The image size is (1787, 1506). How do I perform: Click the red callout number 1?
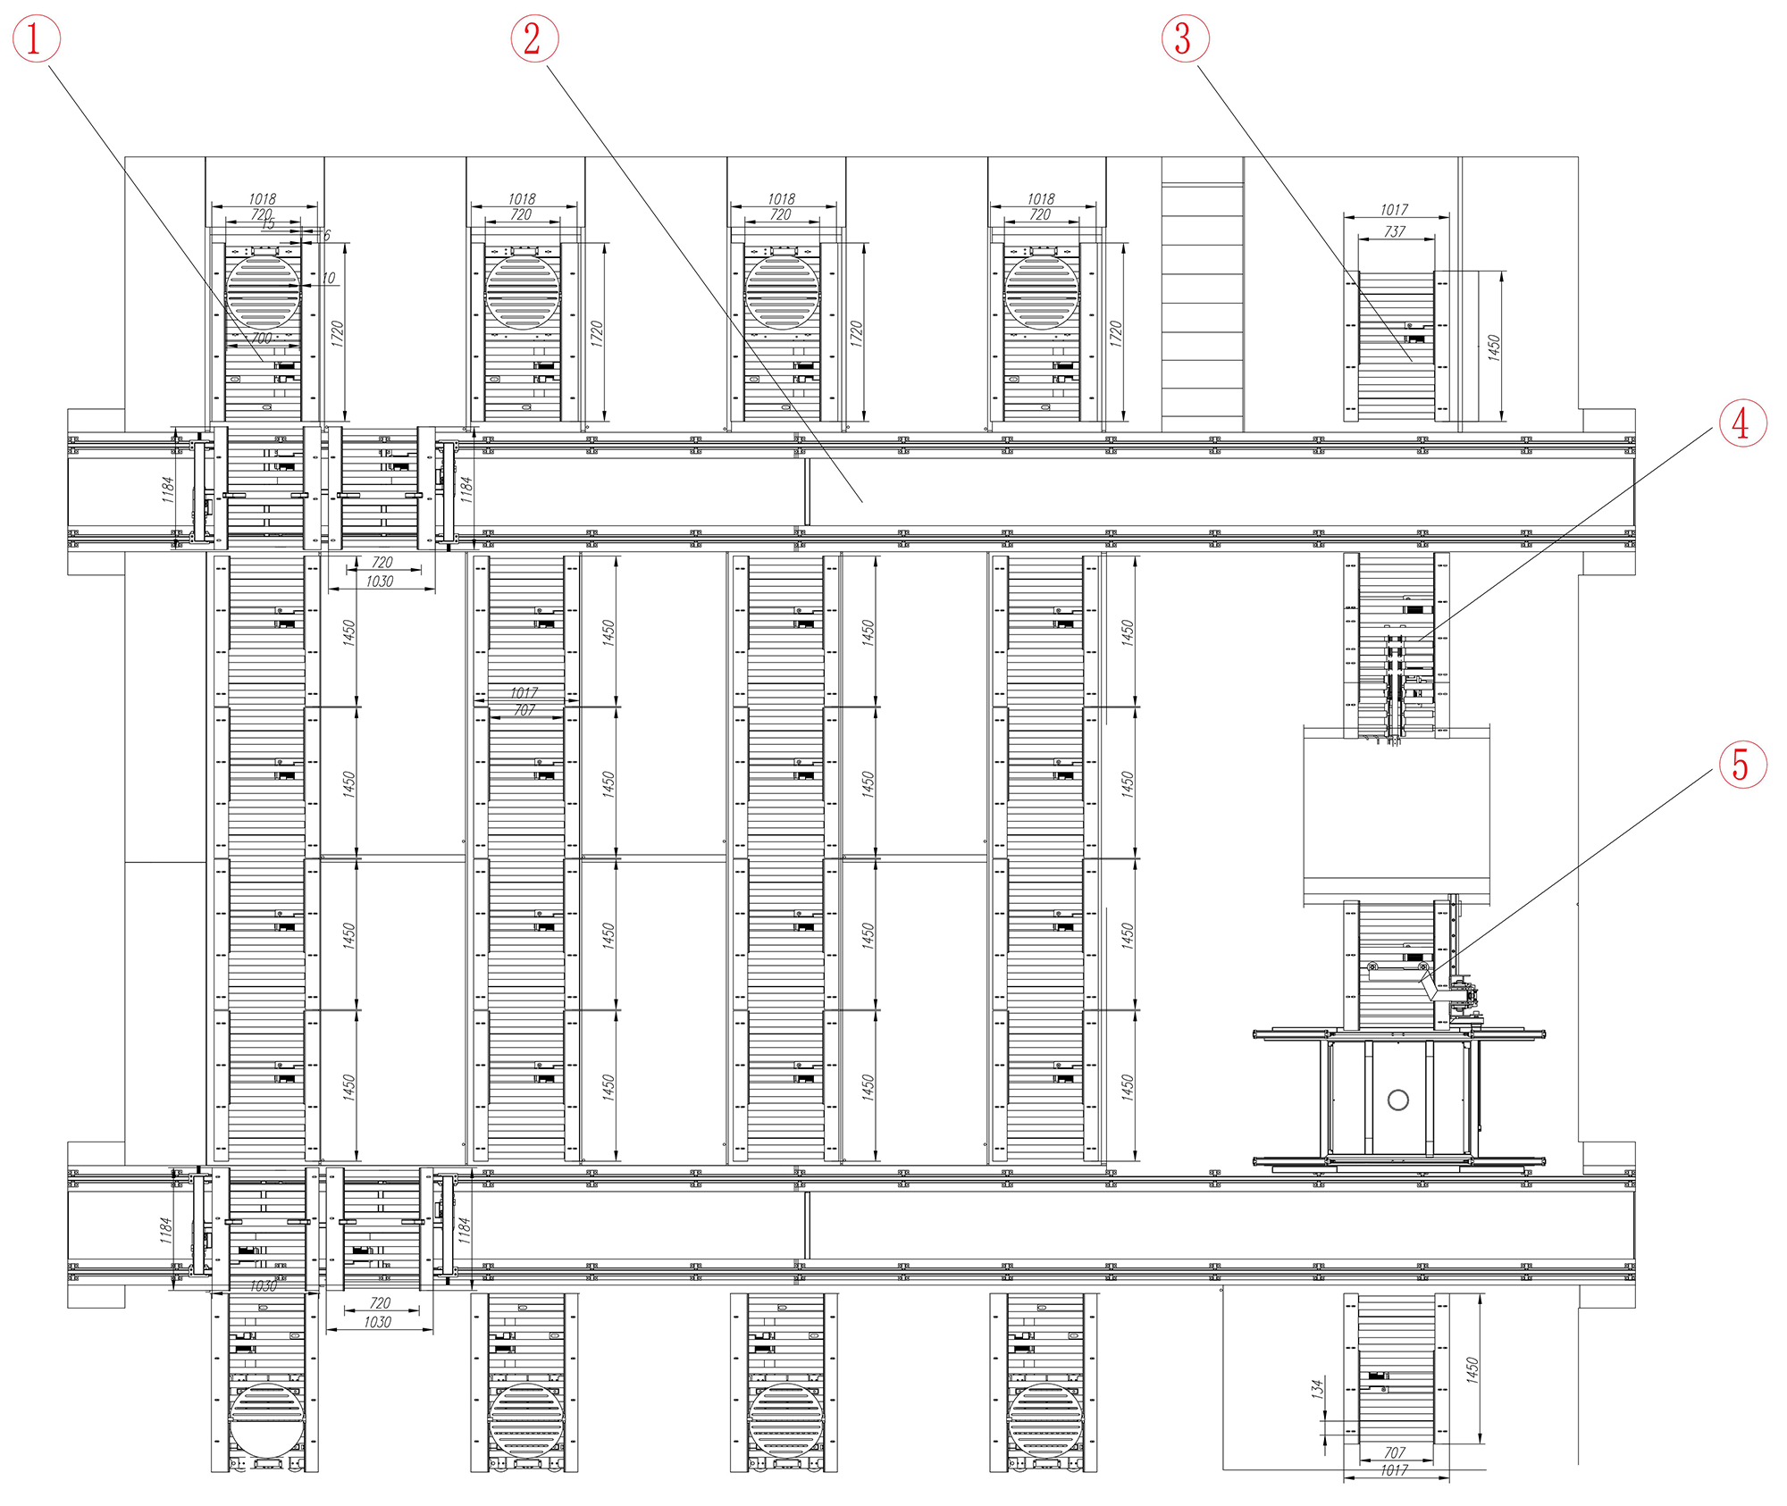(x=36, y=39)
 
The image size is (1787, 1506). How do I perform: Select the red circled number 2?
(x=533, y=39)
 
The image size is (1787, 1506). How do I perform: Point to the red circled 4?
(x=1742, y=423)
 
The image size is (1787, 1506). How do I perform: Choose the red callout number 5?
(x=1742, y=766)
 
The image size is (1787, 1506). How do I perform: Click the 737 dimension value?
(x=1395, y=231)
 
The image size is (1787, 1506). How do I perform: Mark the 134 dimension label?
(x=1317, y=1388)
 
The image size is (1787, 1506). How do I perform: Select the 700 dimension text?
(x=261, y=339)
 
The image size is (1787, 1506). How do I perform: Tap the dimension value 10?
(x=329, y=278)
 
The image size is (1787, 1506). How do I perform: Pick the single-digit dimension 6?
(x=327, y=235)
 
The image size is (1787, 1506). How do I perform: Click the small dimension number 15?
(x=268, y=224)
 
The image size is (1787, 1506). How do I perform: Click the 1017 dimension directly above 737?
(x=1395, y=210)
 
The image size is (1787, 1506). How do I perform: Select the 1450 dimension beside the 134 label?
(x=1472, y=1370)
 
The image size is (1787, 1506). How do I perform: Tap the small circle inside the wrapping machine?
(x=1398, y=1100)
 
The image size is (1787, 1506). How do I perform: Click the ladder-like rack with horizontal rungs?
(x=1203, y=295)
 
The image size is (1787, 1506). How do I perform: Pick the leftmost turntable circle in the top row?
(x=264, y=292)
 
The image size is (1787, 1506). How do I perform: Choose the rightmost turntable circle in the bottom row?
(x=1045, y=1420)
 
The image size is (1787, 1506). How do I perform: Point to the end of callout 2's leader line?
(x=862, y=502)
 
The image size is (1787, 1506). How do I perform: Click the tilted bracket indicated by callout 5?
(x=1430, y=985)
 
